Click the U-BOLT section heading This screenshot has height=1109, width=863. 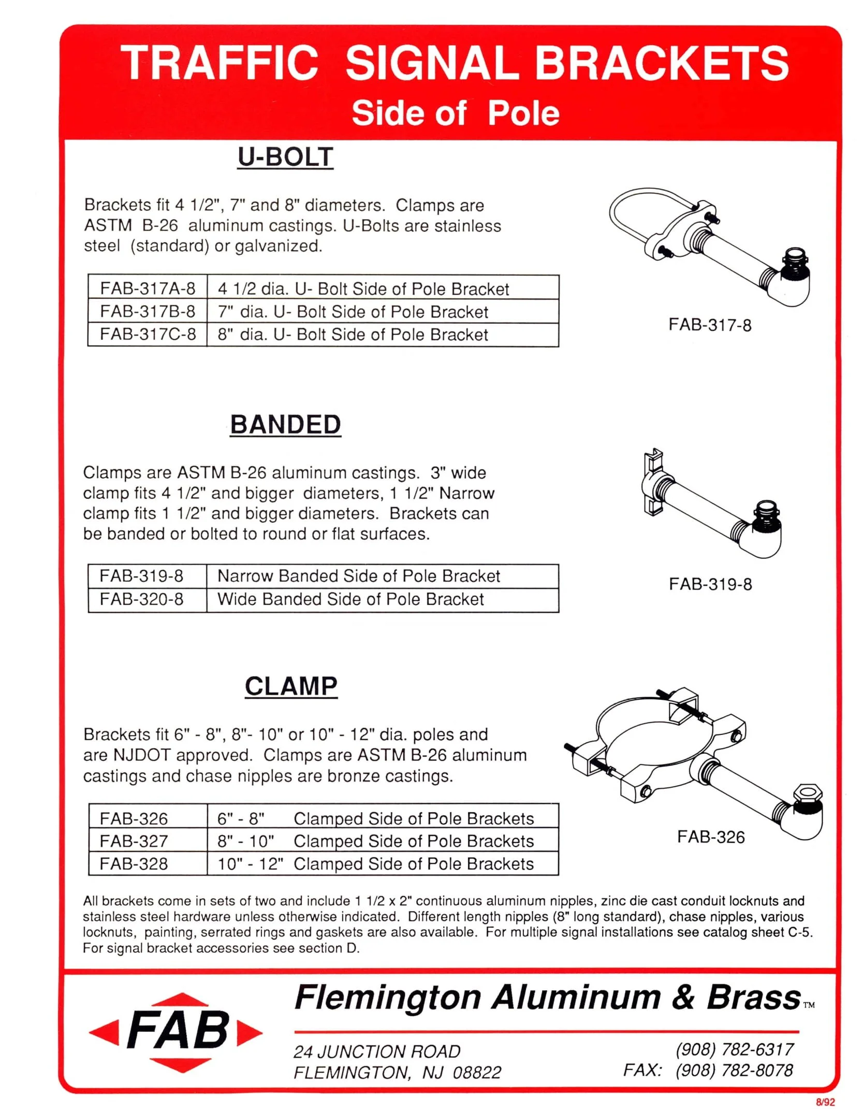pos(285,157)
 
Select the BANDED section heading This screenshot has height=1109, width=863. pos(285,425)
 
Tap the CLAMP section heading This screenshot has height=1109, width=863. pos(291,686)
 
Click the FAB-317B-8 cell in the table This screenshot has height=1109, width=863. pos(148,311)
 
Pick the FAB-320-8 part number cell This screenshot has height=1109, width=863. pos(141,599)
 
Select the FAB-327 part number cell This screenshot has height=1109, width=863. pos(134,841)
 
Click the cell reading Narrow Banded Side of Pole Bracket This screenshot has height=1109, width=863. pos(359,576)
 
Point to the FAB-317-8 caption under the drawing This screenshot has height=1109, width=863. pos(710,325)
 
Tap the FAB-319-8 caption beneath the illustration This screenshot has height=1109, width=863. pos(710,584)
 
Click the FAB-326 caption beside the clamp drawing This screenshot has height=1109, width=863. pos(711,837)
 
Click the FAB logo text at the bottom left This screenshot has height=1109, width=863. pos(177,1030)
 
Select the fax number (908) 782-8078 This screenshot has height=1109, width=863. pos(734,1070)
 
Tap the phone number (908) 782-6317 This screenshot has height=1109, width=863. pos(734,1049)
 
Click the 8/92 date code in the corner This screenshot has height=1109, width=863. pos(825,1102)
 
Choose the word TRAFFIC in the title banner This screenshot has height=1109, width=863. pos(219,63)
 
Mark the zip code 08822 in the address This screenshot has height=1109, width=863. pos(477,1072)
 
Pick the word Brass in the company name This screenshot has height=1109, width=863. pos(754,997)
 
